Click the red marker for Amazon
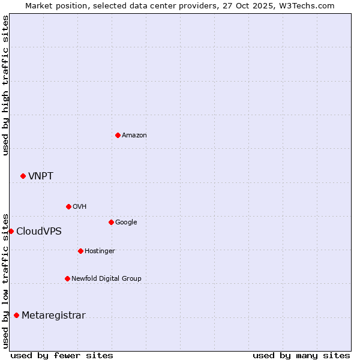click(118, 135)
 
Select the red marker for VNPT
click(23, 176)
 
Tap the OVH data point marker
click(68, 206)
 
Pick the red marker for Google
click(111, 222)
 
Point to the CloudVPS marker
click(11, 231)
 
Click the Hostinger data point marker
click(80, 251)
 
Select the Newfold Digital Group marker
click(67, 278)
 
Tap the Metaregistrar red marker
click(16, 315)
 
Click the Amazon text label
click(134, 136)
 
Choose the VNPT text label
click(41, 176)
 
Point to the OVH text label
click(80, 207)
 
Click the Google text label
click(126, 223)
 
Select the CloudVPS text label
click(39, 232)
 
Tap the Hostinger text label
click(100, 251)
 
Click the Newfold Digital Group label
click(106, 278)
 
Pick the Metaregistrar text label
click(53, 316)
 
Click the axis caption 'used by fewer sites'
click(62, 355)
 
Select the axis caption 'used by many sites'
click(301, 355)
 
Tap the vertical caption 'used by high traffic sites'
click(5, 85)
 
